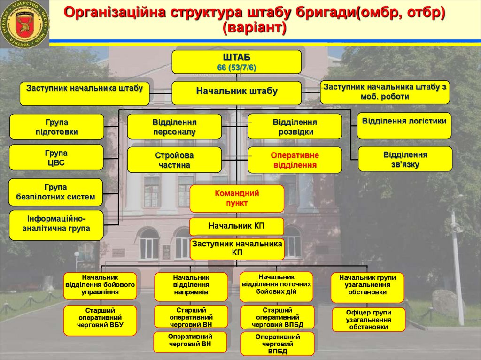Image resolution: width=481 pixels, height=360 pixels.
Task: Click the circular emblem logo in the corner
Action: tap(24, 24)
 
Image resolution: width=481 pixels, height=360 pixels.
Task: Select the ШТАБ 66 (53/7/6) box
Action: tap(236, 62)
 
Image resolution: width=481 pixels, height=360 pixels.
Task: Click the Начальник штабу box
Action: tap(236, 92)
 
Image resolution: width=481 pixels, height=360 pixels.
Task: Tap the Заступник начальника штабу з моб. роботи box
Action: tap(385, 92)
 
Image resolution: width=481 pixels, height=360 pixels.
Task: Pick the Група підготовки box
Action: tap(56, 127)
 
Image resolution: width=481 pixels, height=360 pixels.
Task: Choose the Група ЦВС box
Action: tap(56, 158)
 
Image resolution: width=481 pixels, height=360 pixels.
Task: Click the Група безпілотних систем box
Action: tap(55, 192)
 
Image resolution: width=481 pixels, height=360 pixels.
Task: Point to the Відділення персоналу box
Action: tap(174, 127)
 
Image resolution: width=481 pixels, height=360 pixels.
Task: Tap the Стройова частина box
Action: tap(174, 160)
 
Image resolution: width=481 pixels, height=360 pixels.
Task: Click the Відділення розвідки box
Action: tap(295, 127)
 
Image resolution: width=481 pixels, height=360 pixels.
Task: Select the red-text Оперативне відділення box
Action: tap(295, 160)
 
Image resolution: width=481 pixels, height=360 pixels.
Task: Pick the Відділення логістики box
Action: tap(404, 126)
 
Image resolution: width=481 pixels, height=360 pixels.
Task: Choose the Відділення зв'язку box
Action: tap(405, 159)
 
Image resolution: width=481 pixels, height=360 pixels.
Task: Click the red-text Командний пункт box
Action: tap(237, 198)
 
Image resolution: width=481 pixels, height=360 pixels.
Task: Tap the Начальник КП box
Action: tap(237, 226)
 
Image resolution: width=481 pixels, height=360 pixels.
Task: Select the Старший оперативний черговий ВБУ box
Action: tap(100, 321)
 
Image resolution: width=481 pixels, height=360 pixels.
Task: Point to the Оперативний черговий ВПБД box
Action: tap(277, 344)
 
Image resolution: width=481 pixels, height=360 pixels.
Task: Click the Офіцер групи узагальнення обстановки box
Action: tap(368, 320)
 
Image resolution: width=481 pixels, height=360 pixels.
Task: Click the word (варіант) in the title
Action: tap(254, 27)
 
